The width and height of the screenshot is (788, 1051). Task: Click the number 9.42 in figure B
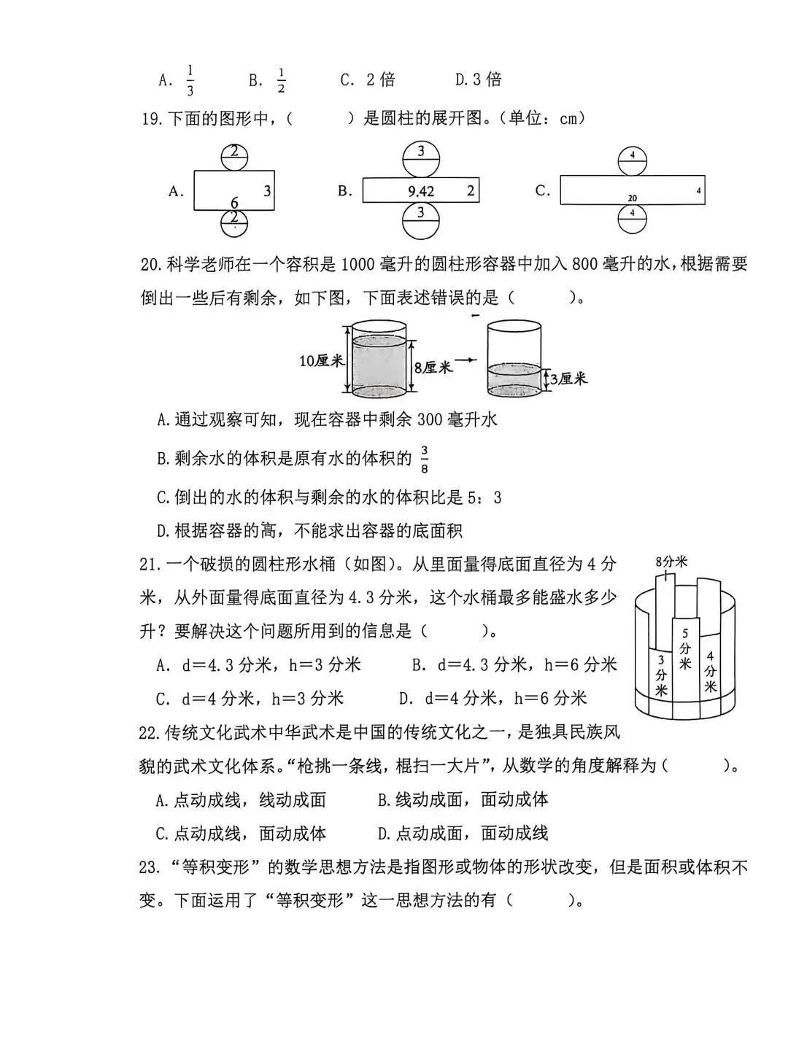point(421,192)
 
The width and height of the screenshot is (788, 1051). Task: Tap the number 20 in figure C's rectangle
point(632,198)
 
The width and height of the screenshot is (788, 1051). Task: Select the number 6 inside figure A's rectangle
point(234,202)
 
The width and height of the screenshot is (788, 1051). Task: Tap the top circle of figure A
point(234,154)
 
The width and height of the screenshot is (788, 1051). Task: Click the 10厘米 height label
point(320,360)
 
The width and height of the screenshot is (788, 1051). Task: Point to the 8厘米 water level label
point(433,367)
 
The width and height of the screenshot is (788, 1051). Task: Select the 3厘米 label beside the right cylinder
point(568,379)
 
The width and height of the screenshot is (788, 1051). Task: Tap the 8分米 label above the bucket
point(671,562)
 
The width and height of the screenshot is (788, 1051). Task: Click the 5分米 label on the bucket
point(684,648)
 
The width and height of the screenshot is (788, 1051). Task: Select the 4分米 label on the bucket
point(710,672)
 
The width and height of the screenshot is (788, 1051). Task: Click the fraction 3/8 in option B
point(424,459)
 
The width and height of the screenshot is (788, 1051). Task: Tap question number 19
point(152,119)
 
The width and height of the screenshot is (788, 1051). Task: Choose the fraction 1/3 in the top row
point(190,80)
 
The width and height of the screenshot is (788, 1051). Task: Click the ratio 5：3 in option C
point(487,498)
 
